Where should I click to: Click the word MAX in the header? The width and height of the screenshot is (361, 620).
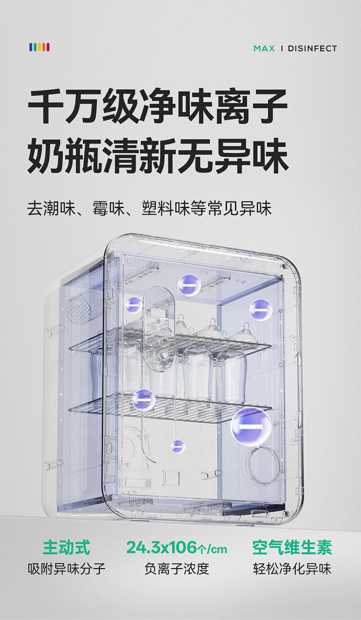pos(264,48)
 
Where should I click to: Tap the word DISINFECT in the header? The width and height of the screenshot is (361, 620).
pos(312,48)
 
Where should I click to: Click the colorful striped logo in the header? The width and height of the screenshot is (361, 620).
pos(39,47)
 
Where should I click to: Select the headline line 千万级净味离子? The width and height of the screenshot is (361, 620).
pos(158,107)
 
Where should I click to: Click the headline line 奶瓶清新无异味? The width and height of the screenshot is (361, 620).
pos(158,157)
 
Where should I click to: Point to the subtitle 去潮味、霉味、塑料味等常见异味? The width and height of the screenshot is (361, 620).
pos(149,209)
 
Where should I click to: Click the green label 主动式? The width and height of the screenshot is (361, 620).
pos(67,547)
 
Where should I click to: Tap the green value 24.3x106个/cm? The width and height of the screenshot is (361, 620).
pos(176,547)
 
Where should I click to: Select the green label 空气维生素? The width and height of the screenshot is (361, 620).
pos(292,547)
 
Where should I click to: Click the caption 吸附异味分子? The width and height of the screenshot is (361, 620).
pos(67,569)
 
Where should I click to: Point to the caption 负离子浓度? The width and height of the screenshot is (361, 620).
pos(176,569)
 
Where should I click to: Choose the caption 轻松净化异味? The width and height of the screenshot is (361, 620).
pos(292,569)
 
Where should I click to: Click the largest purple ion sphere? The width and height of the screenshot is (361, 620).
pos(251,426)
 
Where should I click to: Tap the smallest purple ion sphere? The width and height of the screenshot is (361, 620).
pos(178,446)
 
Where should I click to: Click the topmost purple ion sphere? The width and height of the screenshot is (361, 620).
pos(189,285)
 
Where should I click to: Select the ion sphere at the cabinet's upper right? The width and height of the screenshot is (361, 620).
pos(261,310)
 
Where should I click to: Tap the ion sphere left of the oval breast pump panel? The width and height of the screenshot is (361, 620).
pos(134,305)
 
